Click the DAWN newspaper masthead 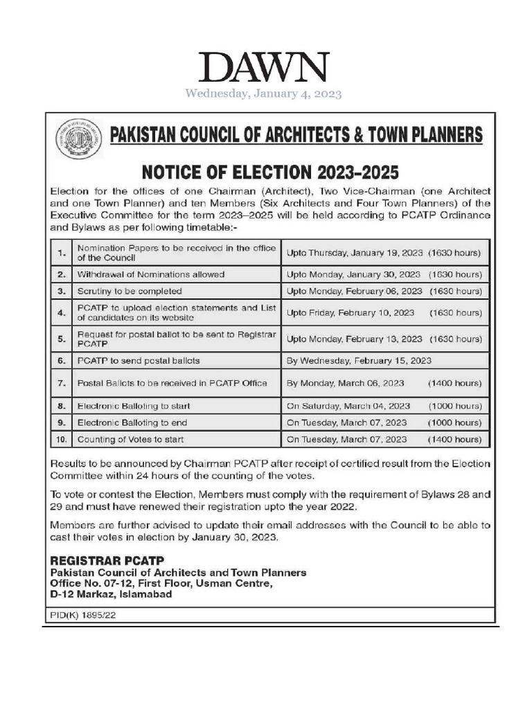[x=263, y=68]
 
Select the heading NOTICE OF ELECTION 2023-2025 [x=271, y=172]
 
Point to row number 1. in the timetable [x=61, y=253]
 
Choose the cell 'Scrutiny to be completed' [x=130, y=291]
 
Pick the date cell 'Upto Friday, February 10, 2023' [x=351, y=313]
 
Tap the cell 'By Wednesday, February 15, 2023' [x=359, y=361]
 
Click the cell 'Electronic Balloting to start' [x=133, y=406]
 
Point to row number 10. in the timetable [x=61, y=439]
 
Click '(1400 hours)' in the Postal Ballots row [x=454, y=383]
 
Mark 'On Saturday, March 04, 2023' [x=348, y=406]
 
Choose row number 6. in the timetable [x=61, y=361]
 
